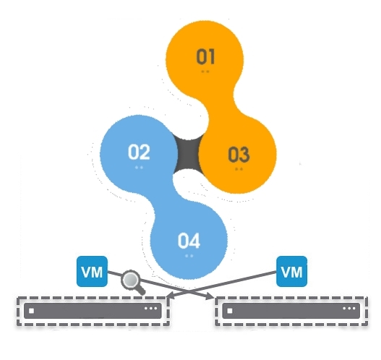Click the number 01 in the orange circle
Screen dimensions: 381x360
[x=205, y=56]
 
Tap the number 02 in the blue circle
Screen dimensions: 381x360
[x=139, y=152]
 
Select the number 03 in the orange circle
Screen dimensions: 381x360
[x=239, y=154]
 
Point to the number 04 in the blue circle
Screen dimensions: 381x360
[x=189, y=241]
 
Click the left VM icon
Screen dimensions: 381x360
[x=92, y=271]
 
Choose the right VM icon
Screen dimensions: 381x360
[x=292, y=271]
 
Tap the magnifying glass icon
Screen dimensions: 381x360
[x=132, y=282]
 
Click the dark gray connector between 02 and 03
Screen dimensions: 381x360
[x=189, y=155]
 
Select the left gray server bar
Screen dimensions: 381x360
[x=93, y=310]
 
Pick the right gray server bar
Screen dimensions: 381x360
[x=291, y=310]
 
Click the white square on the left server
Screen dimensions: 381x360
[x=31, y=311]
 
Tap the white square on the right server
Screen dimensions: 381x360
[x=230, y=311]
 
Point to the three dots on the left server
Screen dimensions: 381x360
[x=150, y=309]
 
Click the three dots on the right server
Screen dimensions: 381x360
[x=349, y=309]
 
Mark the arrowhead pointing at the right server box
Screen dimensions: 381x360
[x=210, y=296]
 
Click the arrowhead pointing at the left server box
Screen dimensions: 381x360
[x=171, y=295]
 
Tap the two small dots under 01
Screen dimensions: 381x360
[x=205, y=72]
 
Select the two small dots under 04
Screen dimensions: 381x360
[x=189, y=256]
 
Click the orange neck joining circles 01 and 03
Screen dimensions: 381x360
[x=222, y=100]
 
